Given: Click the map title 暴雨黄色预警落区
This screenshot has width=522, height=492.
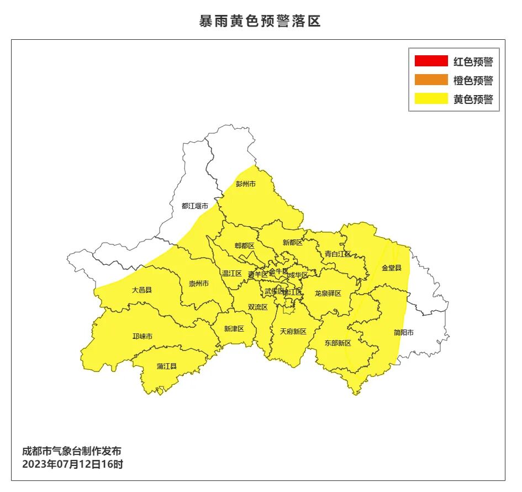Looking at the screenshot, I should click(x=260, y=22).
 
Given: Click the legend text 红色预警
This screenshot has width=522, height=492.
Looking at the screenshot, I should click(x=473, y=62).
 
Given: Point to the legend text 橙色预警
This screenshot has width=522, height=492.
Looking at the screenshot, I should click(x=473, y=81).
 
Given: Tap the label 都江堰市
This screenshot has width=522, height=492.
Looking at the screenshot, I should click(x=195, y=206).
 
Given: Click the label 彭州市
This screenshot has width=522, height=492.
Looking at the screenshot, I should click(x=246, y=184).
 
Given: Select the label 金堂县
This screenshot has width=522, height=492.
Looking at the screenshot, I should click(x=392, y=268).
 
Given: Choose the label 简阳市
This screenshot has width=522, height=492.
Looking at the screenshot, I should click(x=404, y=333).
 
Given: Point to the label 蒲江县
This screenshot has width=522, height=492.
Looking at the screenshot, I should click(x=166, y=366).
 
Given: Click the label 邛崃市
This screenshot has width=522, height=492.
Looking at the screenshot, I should click(x=143, y=336).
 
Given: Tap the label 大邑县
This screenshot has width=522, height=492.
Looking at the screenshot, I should click(x=141, y=290).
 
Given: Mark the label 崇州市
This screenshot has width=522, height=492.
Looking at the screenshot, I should click(x=199, y=284).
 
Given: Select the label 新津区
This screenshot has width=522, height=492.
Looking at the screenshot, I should click(x=234, y=329).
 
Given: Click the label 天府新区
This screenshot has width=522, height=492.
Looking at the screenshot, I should click(x=293, y=332).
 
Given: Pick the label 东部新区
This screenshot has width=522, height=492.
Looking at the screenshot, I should click(x=338, y=343).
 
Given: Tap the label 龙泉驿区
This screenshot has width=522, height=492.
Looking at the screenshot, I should click(x=328, y=294).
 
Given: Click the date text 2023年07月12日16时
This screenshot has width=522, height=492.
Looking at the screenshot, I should click(x=72, y=464).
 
